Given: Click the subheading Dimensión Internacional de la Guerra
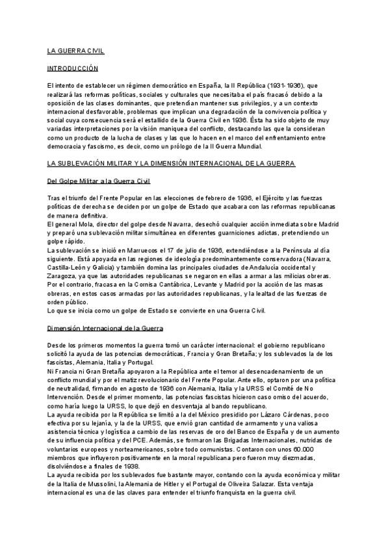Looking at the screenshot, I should click(106, 329).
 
